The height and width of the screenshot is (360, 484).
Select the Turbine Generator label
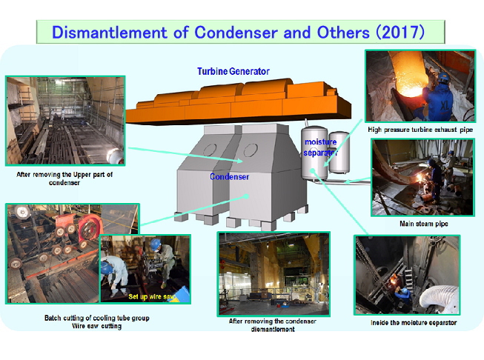(233, 71)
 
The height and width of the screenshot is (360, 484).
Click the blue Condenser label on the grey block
(229, 177)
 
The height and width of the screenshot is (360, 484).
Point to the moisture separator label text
(320, 147)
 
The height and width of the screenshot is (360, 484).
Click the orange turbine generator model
(238, 101)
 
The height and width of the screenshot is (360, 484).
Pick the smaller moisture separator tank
(339, 152)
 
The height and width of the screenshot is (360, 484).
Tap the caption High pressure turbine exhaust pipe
(420, 130)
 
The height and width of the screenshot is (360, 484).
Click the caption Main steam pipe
(423, 224)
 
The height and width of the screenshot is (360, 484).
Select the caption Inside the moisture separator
(414, 323)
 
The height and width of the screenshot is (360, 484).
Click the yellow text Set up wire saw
(151, 296)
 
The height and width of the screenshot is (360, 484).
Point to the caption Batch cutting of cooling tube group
(96, 318)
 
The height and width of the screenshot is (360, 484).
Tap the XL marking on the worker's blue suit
(445, 106)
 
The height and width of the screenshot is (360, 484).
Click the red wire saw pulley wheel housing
(90, 227)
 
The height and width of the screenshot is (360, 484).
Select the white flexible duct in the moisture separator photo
(440, 299)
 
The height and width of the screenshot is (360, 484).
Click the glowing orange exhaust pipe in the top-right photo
(409, 77)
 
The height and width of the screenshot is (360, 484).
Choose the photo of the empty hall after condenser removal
(274, 274)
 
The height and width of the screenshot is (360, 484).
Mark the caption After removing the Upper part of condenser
(64, 179)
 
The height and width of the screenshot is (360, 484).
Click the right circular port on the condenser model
(251, 150)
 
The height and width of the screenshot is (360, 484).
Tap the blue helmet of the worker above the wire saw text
(156, 244)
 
